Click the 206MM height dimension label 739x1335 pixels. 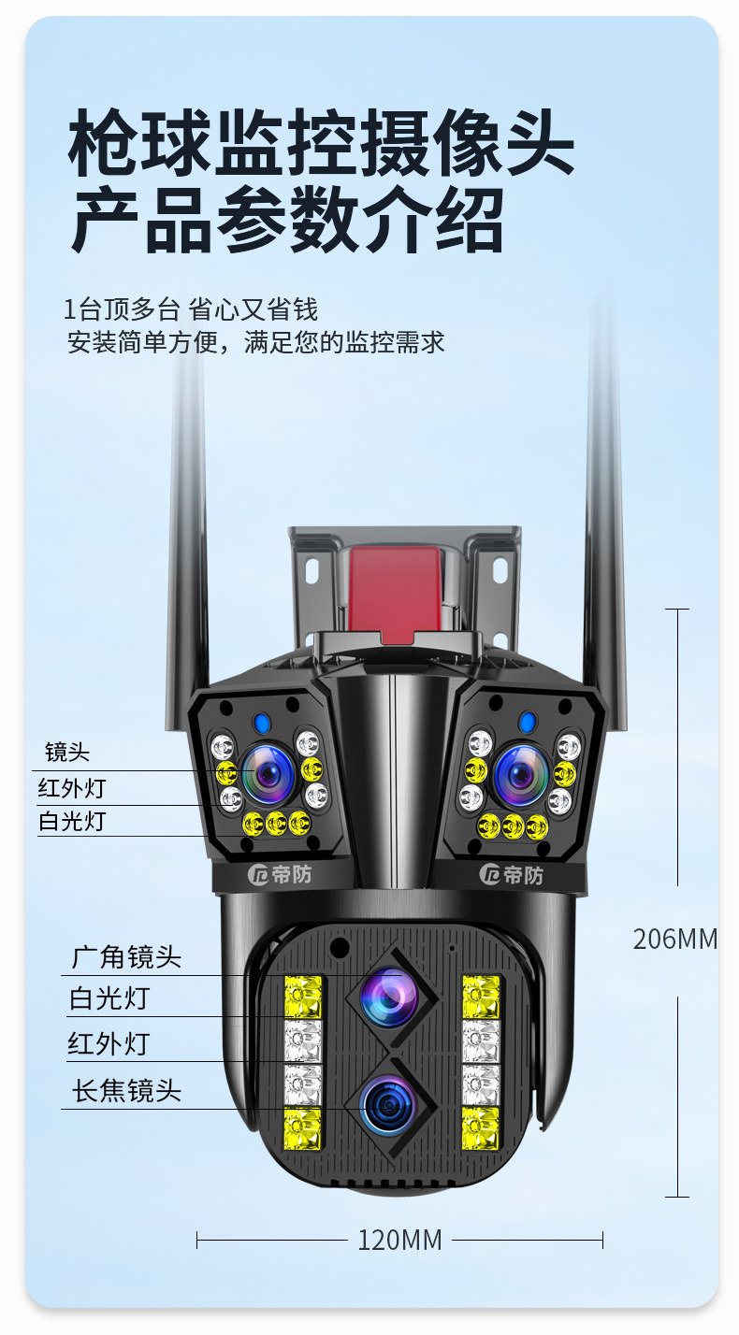[x=674, y=939]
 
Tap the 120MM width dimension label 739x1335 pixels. [x=399, y=1241]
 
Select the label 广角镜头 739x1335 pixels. [x=126, y=957]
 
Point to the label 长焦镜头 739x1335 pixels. [x=126, y=1090]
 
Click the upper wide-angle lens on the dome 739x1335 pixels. [x=389, y=997]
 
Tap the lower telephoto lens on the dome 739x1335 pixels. [x=389, y=1103]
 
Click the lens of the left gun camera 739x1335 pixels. [x=268, y=773]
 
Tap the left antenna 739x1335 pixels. [x=187, y=524]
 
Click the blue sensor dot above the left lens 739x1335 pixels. [x=262, y=723]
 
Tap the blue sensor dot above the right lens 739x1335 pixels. [x=528, y=722]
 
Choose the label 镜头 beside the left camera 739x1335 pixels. [x=67, y=752]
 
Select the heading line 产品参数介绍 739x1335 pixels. [x=287, y=221]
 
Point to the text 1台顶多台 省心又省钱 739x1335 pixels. [x=191, y=309]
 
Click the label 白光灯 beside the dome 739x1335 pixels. [x=109, y=998]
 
